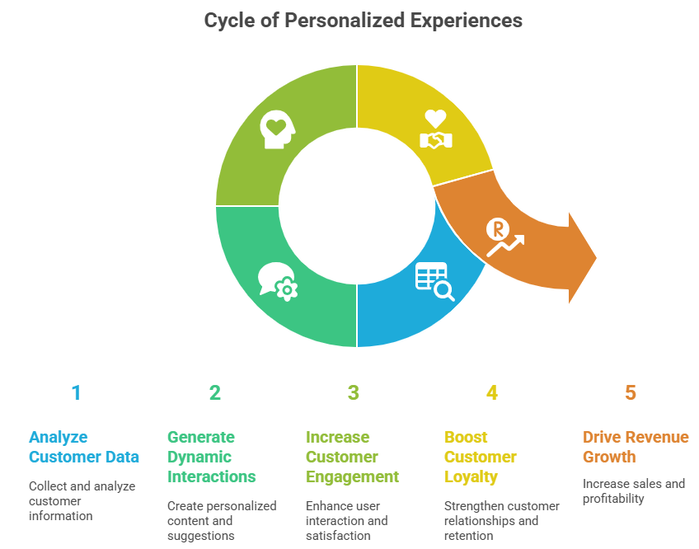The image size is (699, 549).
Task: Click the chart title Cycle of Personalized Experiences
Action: tap(363, 20)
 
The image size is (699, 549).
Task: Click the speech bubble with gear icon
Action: tap(278, 281)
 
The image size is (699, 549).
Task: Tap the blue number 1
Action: tap(76, 392)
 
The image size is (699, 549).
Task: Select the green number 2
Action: tap(214, 392)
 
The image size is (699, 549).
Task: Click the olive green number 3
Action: tap(353, 392)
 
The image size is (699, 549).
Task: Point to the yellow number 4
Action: tap(491, 392)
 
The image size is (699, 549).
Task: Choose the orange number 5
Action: tap(630, 392)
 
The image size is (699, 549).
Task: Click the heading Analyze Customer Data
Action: tap(83, 447)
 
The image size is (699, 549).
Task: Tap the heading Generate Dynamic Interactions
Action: tap(211, 457)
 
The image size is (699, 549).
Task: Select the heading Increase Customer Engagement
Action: tap(352, 457)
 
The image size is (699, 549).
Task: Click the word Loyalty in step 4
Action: tap(471, 476)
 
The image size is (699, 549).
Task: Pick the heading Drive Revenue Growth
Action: tap(635, 447)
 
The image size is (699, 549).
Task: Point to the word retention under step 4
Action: tap(469, 535)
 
